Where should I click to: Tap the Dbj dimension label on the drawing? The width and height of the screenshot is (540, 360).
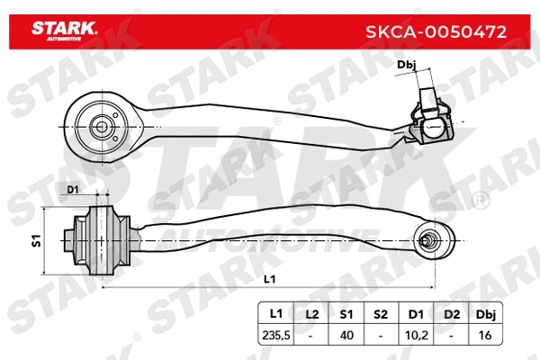pyautogui.click(x=407, y=65)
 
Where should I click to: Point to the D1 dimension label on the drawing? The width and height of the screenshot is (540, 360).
pyautogui.click(x=74, y=191)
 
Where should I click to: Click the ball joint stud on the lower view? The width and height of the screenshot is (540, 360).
pyautogui.click(x=431, y=240)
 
